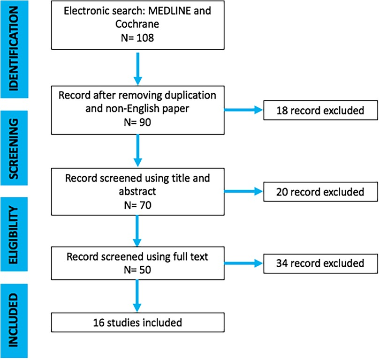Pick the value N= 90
point(137,123)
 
